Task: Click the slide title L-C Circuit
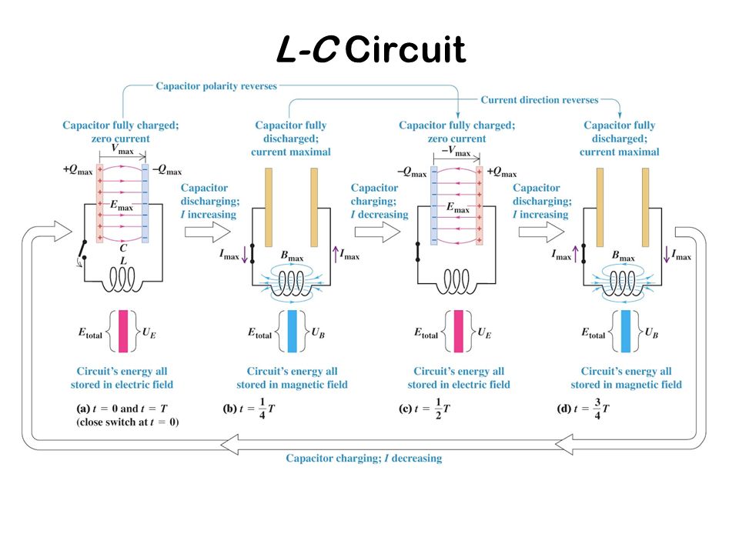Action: (370, 50)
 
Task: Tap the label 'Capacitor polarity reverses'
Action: (216, 86)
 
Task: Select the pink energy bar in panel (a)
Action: (123, 331)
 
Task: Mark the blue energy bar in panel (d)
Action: (625, 331)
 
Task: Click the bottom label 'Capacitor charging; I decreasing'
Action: (364, 459)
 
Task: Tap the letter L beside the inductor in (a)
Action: (123, 262)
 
